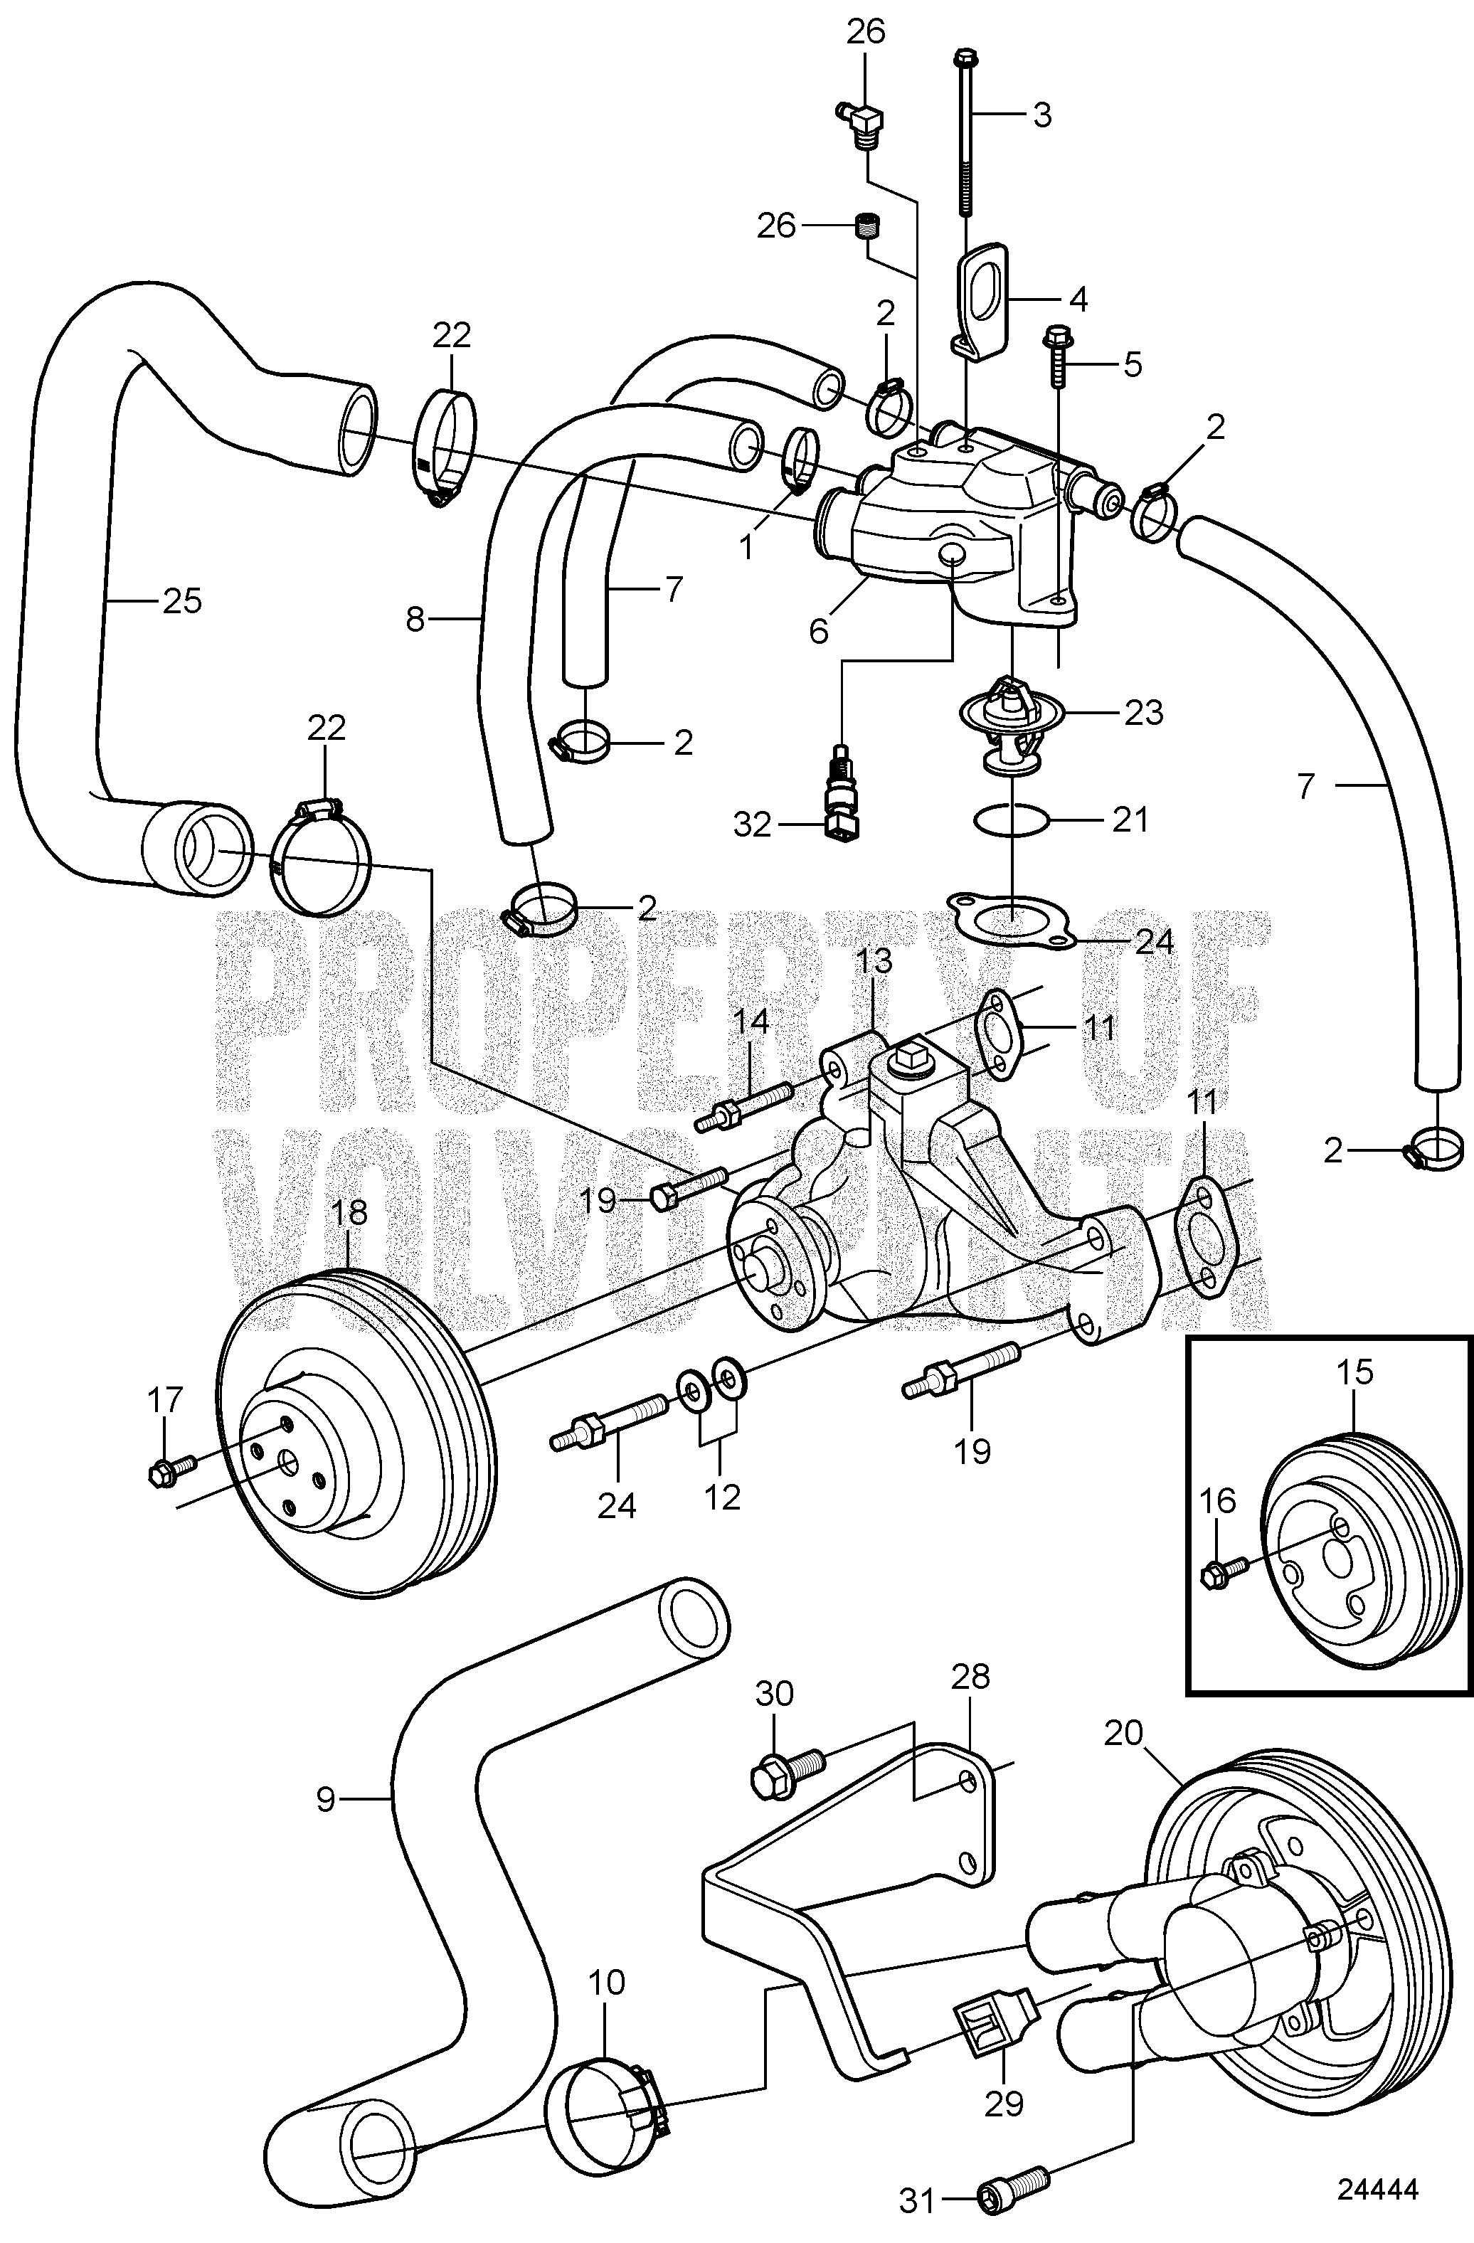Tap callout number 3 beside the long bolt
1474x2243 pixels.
(x=1041, y=115)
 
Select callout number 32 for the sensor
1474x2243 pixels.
(x=751, y=826)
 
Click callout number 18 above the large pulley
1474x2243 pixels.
(x=350, y=1212)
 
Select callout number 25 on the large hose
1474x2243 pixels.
(x=182, y=600)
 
